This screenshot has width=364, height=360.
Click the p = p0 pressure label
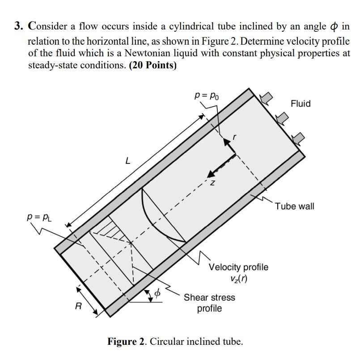pyautogui.click(x=207, y=96)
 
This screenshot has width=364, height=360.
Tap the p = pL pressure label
pyautogui.click(x=39, y=217)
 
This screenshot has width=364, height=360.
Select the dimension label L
pyautogui.click(x=128, y=161)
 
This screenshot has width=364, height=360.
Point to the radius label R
pyautogui.click(x=78, y=306)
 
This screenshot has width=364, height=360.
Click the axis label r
pyautogui.click(x=234, y=137)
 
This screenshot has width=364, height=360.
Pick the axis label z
pyautogui.click(x=212, y=183)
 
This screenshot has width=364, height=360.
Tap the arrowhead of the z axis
pyautogui.click(x=211, y=174)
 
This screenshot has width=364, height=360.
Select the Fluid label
pyautogui.click(x=301, y=103)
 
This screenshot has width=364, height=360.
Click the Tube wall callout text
pyautogui.click(x=295, y=206)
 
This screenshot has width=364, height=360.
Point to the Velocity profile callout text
pyautogui.click(x=238, y=267)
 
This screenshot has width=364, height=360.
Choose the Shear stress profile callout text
pyautogui.click(x=209, y=303)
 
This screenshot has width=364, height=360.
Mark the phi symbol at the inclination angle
pyautogui.click(x=157, y=293)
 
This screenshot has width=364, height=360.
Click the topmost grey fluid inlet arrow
pyautogui.click(x=266, y=98)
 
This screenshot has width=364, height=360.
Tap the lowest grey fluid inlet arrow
pyautogui.click(x=298, y=138)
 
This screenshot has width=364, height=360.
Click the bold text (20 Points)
pyautogui.click(x=153, y=65)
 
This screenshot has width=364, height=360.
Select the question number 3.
pyautogui.click(x=19, y=26)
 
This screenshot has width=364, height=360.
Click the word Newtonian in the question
pyautogui.click(x=148, y=53)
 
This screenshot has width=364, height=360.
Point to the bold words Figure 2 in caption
pyautogui.click(x=126, y=341)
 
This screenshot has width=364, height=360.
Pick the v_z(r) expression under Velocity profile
pyautogui.click(x=238, y=278)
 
